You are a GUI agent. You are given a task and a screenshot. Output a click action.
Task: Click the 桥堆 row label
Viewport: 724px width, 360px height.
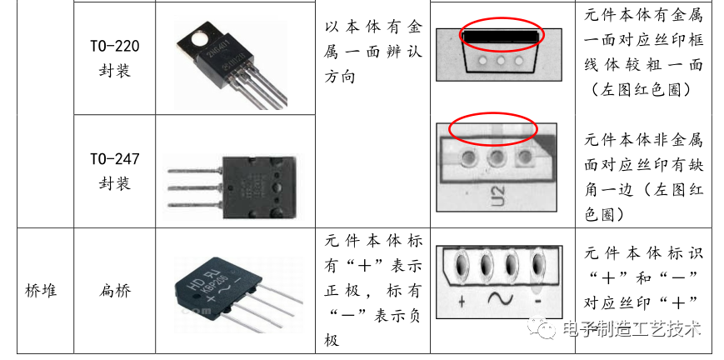tap(37, 291)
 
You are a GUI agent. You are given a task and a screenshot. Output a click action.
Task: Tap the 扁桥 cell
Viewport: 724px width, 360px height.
tap(115, 291)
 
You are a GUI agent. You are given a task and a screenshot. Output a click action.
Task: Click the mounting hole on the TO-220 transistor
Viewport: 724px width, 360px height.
tap(198, 37)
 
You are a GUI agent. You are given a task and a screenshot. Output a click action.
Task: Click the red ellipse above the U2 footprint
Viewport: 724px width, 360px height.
tap(494, 129)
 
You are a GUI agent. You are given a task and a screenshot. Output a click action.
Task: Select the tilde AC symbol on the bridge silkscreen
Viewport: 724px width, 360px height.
tap(500, 298)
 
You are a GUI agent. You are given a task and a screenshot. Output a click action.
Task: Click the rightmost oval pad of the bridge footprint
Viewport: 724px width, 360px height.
tap(537, 267)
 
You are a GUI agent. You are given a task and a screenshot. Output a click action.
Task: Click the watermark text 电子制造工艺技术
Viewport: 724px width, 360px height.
tap(632, 329)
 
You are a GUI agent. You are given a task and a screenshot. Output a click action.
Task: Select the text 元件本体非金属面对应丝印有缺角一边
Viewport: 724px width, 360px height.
tap(643, 176)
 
